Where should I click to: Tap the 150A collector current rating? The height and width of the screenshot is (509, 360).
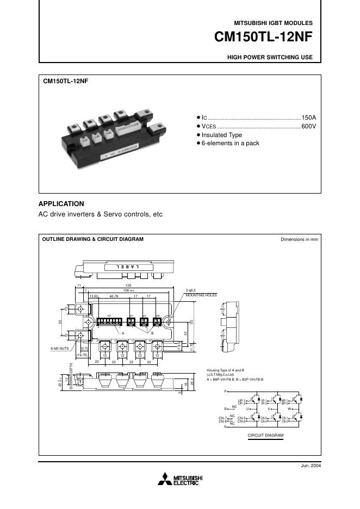[308, 118]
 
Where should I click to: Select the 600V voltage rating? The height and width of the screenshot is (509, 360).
[308, 126]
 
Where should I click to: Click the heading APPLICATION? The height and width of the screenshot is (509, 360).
[61, 204]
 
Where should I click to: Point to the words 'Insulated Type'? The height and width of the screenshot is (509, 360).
[222, 135]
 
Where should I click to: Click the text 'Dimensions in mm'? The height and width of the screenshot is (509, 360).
[299, 239]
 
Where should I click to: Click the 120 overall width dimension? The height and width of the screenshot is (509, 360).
[128, 285]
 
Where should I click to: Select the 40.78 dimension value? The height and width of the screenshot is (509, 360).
[114, 296]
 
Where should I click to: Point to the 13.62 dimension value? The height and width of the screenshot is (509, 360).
[94, 296]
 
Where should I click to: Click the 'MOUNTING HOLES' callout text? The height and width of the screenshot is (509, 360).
[201, 295]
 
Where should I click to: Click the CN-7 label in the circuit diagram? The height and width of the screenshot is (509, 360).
[222, 418]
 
